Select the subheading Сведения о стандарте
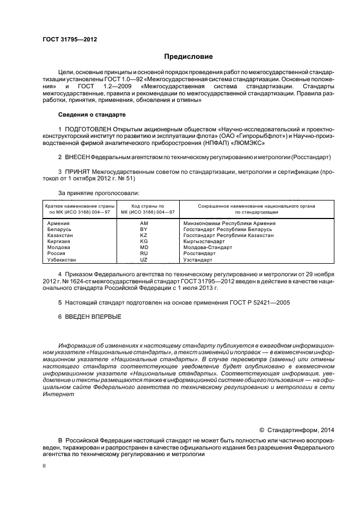point(91,115)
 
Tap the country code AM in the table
point(144,224)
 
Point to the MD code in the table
point(144,247)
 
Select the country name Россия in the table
point(57,253)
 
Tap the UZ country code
point(144,260)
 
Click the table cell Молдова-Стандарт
point(207,247)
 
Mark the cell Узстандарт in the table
point(199,260)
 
